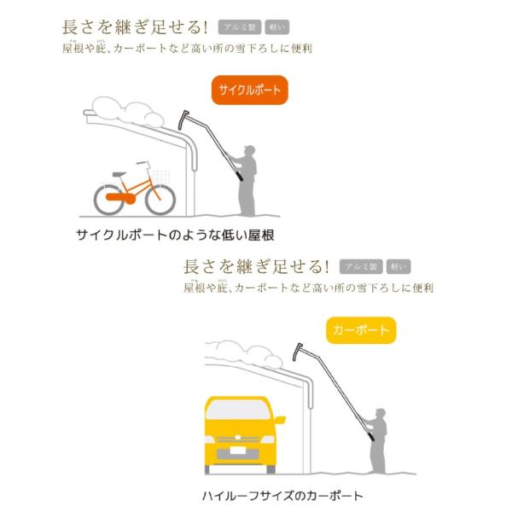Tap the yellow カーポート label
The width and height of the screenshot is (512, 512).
pos(360,329)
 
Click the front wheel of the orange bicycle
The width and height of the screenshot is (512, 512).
pos(159,198)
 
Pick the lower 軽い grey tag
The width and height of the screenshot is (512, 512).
pos(399,266)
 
